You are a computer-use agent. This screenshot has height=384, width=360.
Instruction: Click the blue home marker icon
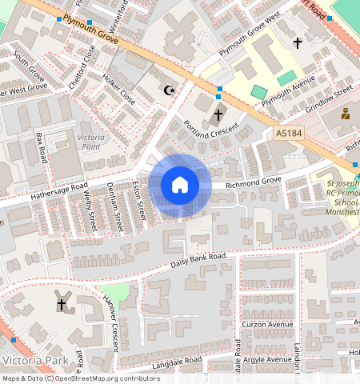(x=180, y=185)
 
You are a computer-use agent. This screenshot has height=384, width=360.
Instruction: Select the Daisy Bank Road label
(x=198, y=262)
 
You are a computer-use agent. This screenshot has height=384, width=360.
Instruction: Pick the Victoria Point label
(x=90, y=142)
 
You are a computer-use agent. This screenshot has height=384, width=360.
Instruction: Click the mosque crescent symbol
(x=168, y=90)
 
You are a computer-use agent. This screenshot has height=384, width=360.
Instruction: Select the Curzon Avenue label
(x=267, y=325)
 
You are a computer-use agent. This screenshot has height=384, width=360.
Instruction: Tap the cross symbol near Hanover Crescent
(x=62, y=304)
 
